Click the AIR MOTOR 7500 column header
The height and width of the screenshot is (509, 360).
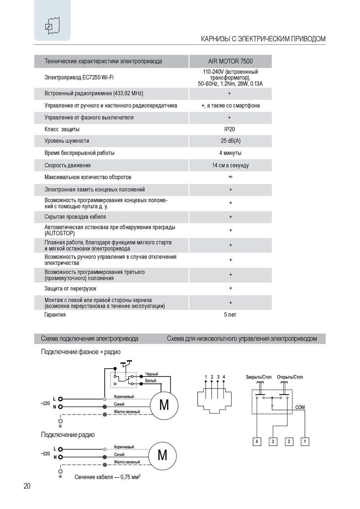click(x=230, y=61)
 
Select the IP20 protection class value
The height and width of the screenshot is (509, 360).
click(x=229, y=129)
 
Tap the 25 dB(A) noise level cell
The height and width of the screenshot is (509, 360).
click(x=230, y=141)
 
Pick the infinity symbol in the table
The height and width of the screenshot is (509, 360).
click(x=230, y=177)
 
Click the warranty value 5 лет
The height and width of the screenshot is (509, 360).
click(x=230, y=315)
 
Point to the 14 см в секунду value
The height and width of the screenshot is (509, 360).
click(x=230, y=165)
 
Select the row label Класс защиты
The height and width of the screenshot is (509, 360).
click(x=62, y=129)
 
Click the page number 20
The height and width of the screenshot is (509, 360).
click(x=27, y=486)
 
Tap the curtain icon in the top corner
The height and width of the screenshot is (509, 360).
click(x=52, y=26)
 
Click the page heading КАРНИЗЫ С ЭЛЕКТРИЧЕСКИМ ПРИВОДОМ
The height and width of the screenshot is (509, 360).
click(x=263, y=39)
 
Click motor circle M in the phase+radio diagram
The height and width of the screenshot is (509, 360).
click(x=164, y=405)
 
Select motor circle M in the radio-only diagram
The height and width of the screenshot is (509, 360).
click(x=162, y=455)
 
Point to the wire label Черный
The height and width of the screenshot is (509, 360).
click(x=152, y=374)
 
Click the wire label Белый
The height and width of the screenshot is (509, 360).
click(x=150, y=380)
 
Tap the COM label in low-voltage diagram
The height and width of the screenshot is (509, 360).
click(x=300, y=407)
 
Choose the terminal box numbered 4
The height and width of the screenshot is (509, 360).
click(x=257, y=441)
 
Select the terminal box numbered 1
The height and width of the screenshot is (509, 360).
click(x=305, y=441)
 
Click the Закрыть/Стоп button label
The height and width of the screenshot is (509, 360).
click(x=258, y=377)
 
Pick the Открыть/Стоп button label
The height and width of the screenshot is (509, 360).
click(x=290, y=377)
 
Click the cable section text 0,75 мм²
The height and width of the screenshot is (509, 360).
click(x=107, y=477)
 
